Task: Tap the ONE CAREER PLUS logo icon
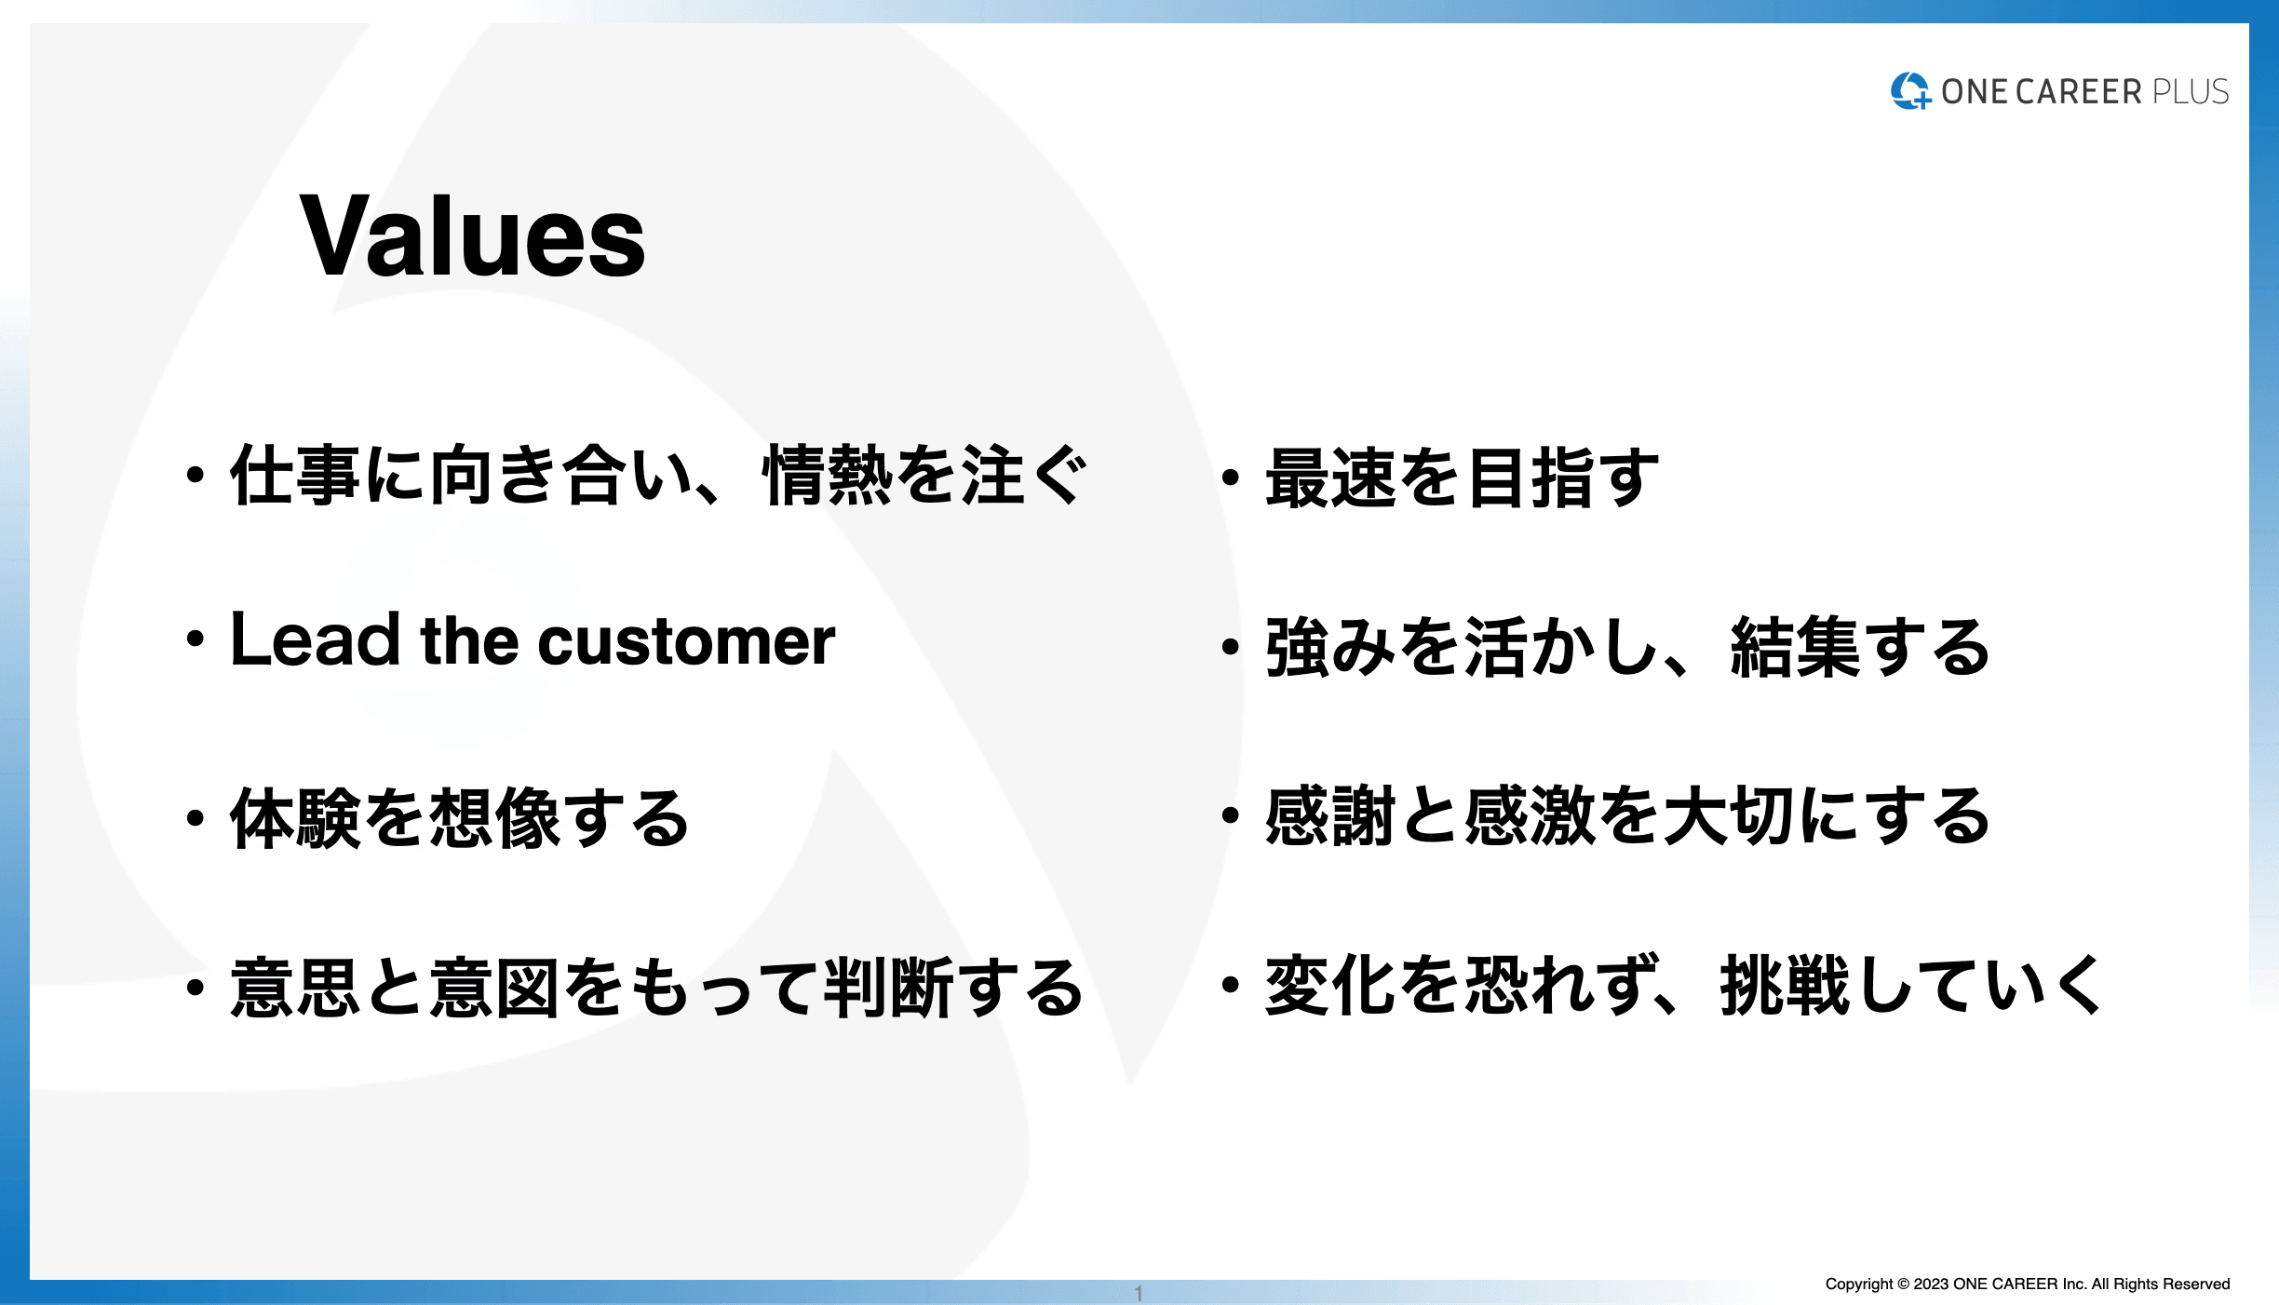(1910, 90)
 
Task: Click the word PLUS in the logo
(2191, 91)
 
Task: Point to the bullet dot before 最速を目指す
(1231, 478)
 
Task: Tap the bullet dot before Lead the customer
(195, 639)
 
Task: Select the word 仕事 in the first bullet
(295, 475)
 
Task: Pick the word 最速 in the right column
(1331, 478)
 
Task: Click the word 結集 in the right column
(1795, 646)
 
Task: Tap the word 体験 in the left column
(295, 817)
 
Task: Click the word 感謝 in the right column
(1331, 815)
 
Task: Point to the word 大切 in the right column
(1729, 815)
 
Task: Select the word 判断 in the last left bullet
(889, 987)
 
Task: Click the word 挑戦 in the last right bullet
(1785, 985)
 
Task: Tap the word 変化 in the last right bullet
(1331, 985)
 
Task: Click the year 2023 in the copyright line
(1931, 1285)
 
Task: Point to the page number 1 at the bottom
(1139, 1294)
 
